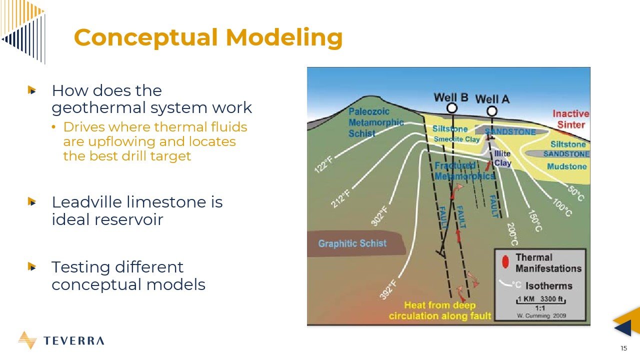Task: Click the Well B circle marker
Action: [452, 108]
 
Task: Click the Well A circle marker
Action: [492, 111]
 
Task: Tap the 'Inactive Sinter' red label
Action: [570, 119]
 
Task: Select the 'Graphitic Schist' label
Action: [352, 243]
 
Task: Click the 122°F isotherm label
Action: [323, 163]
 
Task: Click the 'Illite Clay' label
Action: [502, 158]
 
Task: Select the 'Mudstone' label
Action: [566, 166]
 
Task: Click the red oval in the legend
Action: [505, 262]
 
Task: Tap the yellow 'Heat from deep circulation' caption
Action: [440, 310]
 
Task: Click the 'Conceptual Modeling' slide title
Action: [208, 37]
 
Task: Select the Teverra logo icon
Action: [27, 340]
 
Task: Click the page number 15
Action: [623, 348]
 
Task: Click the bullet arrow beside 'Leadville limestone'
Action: [32, 202]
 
